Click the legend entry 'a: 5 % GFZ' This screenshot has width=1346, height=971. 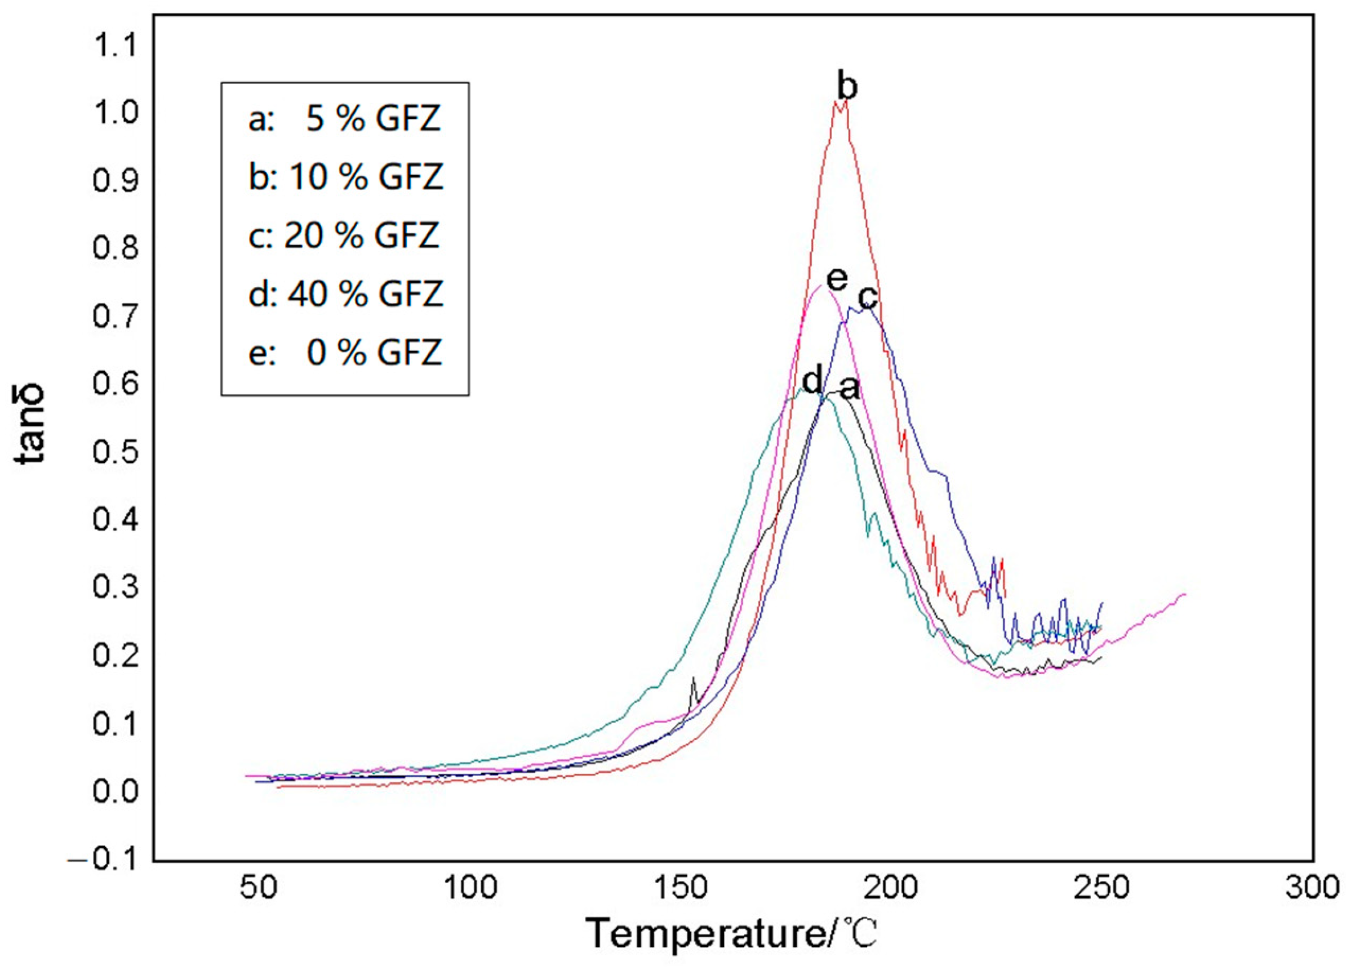click(x=345, y=119)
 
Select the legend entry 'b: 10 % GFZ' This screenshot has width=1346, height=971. click(x=346, y=177)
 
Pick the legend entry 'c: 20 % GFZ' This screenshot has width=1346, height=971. click(x=344, y=235)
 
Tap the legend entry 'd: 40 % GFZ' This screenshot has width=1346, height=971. click(x=346, y=293)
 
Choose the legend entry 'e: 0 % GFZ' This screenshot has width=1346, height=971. click(x=345, y=353)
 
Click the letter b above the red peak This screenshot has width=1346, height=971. click(x=847, y=87)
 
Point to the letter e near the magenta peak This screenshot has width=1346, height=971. click(x=837, y=279)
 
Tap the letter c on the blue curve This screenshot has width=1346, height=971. click(x=868, y=297)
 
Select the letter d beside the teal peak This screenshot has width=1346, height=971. click(x=812, y=378)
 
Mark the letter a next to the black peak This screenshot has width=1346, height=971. click(x=849, y=389)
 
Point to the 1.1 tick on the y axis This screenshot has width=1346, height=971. click(x=114, y=44)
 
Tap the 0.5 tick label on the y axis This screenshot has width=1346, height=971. click(x=114, y=452)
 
